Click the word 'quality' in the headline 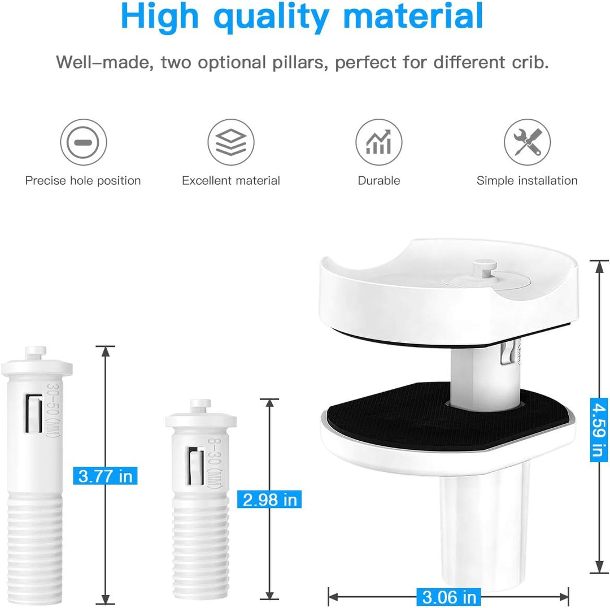271,17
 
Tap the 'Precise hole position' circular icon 83,142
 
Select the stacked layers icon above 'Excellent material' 230,142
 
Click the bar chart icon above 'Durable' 378,142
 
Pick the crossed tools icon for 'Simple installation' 527,142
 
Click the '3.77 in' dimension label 106,476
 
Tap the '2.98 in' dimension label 269,500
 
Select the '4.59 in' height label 599,430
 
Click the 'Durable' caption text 378,181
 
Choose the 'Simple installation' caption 527,181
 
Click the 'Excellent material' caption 230,181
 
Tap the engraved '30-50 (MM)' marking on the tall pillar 53,410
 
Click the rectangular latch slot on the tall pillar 34,414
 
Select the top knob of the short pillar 201,405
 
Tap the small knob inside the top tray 485,268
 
